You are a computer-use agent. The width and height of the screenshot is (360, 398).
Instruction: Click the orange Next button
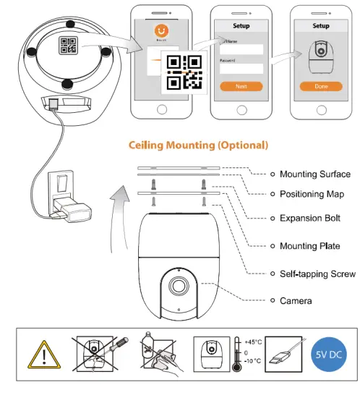(x=241, y=86)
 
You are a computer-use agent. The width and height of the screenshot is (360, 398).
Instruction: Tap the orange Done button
(x=321, y=86)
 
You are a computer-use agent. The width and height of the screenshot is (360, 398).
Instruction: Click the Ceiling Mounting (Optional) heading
(x=198, y=145)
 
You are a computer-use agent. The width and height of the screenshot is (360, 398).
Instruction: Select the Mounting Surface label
(x=314, y=174)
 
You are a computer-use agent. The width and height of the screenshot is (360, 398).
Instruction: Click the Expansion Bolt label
(x=310, y=218)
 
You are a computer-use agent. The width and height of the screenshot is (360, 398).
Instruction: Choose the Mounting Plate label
(x=309, y=246)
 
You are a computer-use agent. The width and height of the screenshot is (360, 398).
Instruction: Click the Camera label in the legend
(x=296, y=300)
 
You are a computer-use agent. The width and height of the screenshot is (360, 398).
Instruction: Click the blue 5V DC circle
(x=327, y=355)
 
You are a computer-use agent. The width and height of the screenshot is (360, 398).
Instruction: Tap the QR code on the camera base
(x=69, y=46)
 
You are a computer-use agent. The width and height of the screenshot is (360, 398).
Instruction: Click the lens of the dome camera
(x=176, y=284)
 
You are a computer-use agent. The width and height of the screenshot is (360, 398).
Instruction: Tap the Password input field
(x=241, y=69)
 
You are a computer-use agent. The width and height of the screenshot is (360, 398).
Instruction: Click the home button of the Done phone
(x=321, y=108)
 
